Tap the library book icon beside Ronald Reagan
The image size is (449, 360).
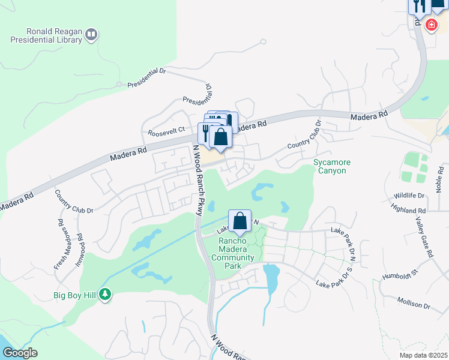91,34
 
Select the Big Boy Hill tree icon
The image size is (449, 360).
106,294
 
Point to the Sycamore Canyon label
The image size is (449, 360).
331,166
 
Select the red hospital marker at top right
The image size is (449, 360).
430,25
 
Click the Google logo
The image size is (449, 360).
19,353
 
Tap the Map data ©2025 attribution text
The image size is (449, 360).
423,355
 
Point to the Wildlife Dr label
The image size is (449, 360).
409,196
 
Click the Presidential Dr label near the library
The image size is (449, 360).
146,78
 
